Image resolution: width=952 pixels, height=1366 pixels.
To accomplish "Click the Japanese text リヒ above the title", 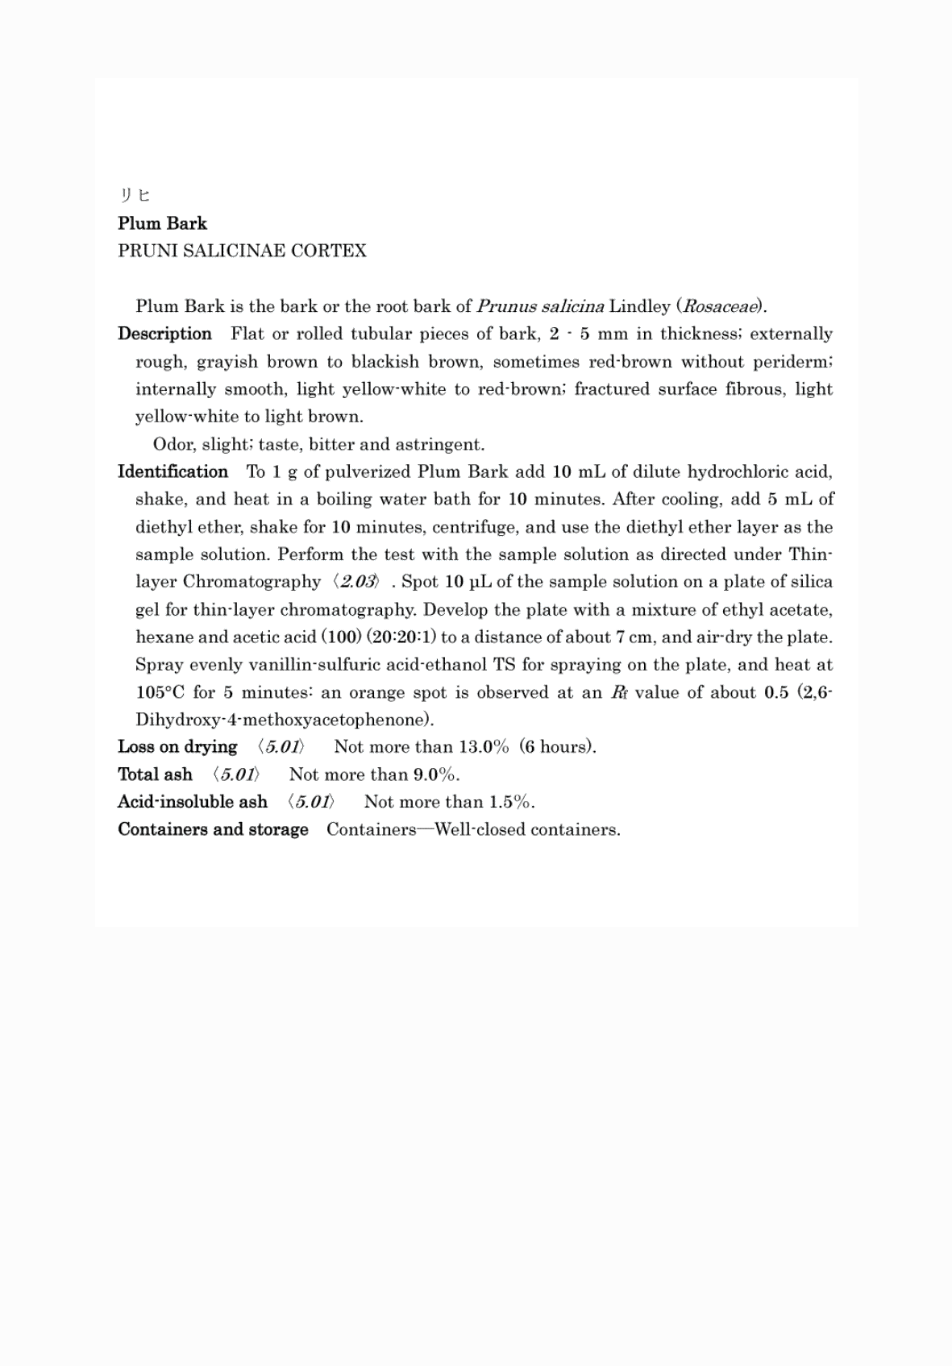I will [x=135, y=195].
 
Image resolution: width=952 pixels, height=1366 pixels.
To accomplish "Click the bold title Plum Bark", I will [x=162, y=223].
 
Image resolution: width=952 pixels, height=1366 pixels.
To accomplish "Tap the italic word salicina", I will [x=572, y=306].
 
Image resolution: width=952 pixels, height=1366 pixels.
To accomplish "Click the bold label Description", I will [x=164, y=334].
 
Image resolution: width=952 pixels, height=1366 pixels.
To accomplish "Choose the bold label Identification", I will [x=173, y=471].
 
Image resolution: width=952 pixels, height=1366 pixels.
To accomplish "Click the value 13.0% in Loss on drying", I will [x=484, y=747].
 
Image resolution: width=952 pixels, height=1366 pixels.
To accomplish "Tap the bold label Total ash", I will [x=155, y=774].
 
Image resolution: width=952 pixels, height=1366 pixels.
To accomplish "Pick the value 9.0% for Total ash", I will [x=435, y=774].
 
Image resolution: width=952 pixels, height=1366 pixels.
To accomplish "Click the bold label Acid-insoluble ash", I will [x=192, y=802].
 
